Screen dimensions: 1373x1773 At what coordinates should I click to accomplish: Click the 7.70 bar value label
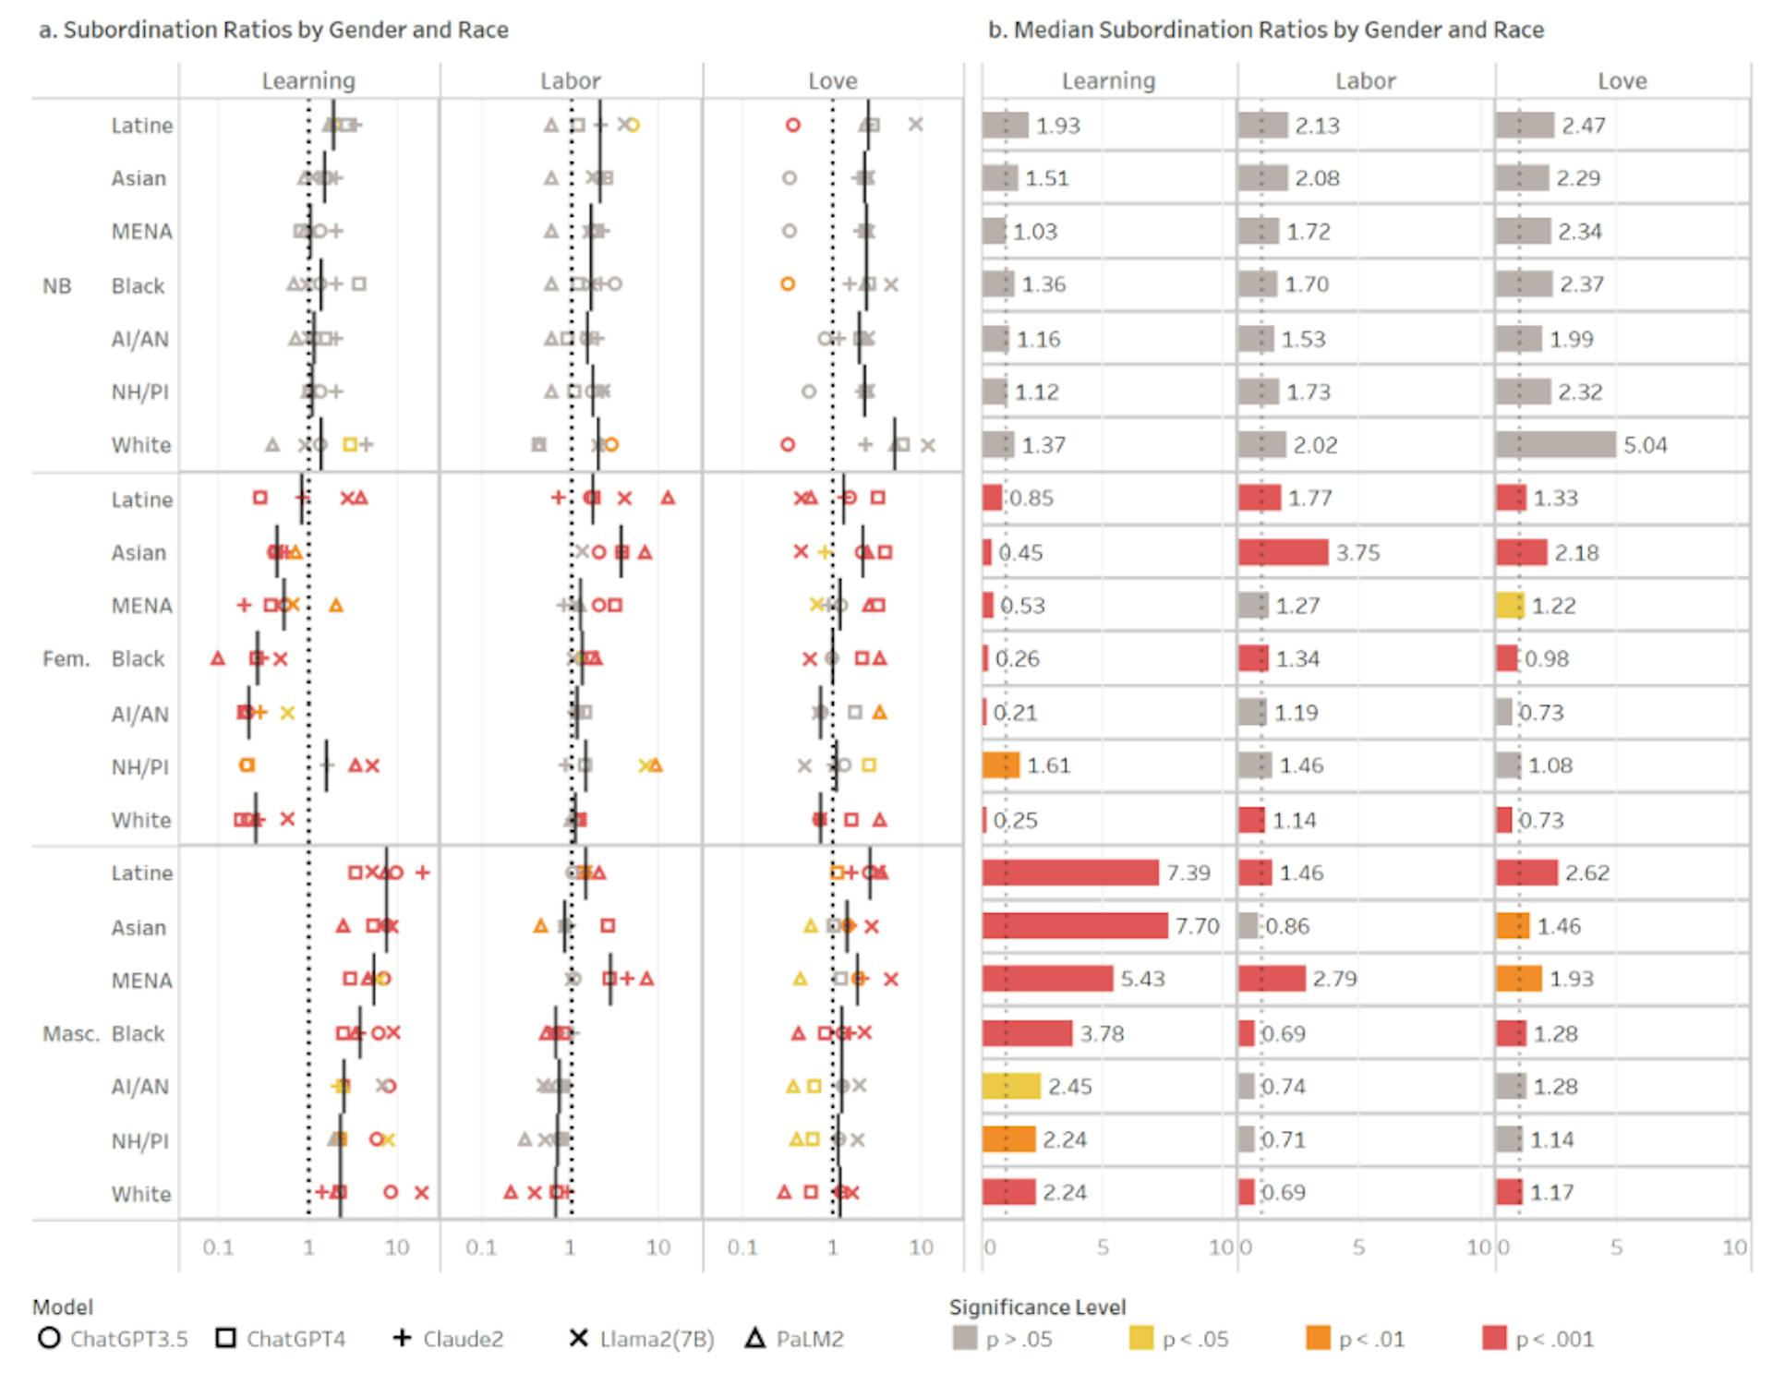(1197, 925)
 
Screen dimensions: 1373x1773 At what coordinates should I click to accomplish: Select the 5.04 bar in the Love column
(1556, 444)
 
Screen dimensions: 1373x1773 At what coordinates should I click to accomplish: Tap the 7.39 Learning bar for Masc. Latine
(1070, 873)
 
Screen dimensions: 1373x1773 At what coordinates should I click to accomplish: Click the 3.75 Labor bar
(1283, 552)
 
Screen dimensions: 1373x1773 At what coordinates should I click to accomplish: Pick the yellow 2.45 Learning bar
(1011, 1086)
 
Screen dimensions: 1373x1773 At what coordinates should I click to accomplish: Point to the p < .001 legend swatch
(1494, 1338)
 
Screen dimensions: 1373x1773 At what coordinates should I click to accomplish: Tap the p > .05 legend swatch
(964, 1338)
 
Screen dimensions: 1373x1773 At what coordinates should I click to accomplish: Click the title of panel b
(1265, 30)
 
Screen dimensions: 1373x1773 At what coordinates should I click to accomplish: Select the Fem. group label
(66, 659)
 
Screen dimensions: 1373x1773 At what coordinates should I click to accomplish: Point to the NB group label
(56, 285)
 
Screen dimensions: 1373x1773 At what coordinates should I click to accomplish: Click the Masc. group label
(70, 1033)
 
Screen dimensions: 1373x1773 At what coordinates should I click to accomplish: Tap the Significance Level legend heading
(1037, 1307)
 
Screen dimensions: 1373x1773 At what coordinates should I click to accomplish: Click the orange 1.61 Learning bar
(1001, 765)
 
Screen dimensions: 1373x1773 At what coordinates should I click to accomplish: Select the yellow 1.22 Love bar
(1510, 606)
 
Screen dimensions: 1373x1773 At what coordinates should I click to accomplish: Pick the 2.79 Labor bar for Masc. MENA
(1272, 979)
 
